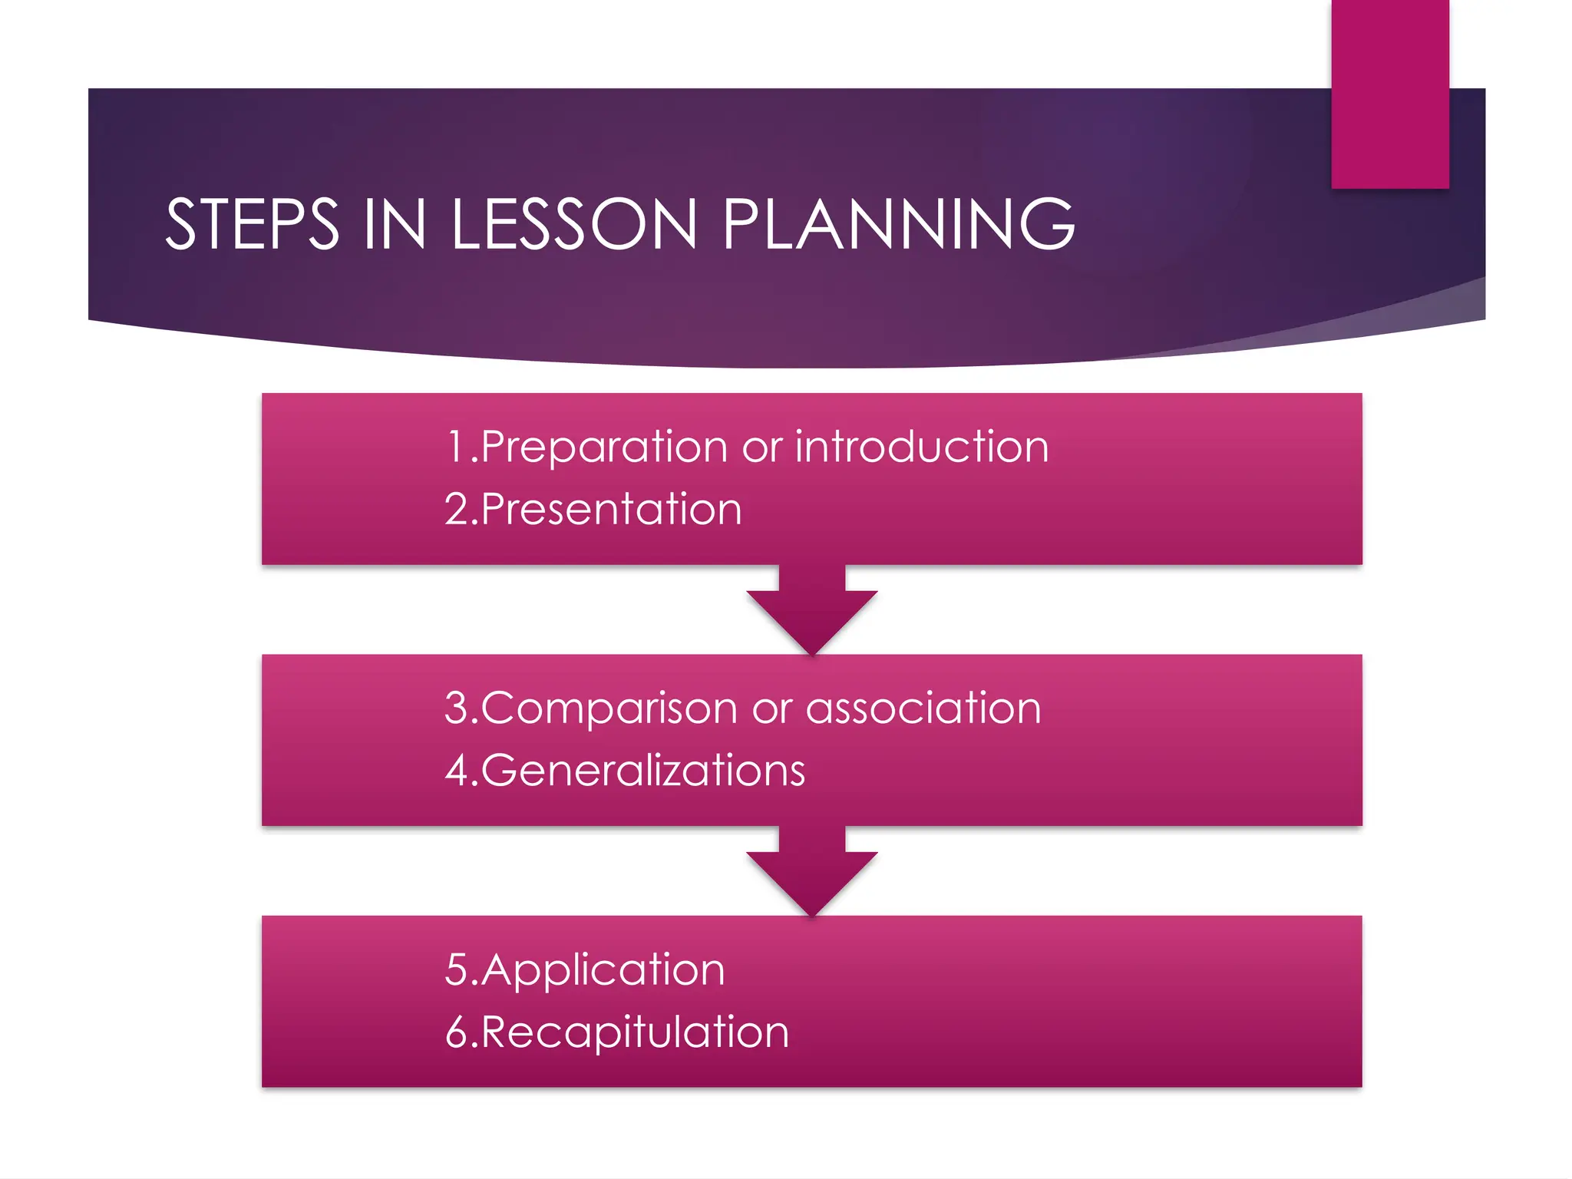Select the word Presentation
point(612,509)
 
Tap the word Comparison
point(609,708)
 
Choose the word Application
point(603,971)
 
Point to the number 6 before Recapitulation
point(457,1032)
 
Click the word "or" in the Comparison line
point(771,708)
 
